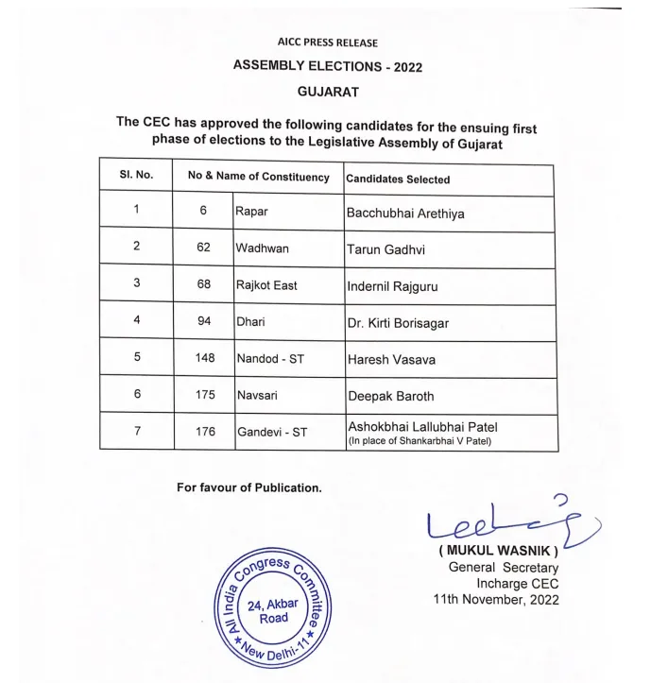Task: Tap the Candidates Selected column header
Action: point(398,179)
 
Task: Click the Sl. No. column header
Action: point(137,177)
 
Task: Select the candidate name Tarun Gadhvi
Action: point(385,249)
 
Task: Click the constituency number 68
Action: point(203,285)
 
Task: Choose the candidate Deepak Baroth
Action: point(391,396)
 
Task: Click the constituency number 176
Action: point(203,432)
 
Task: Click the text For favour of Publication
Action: point(249,487)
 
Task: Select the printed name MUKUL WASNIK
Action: point(499,551)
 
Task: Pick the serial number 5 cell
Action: point(137,358)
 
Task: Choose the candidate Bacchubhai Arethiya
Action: point(405,213)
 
